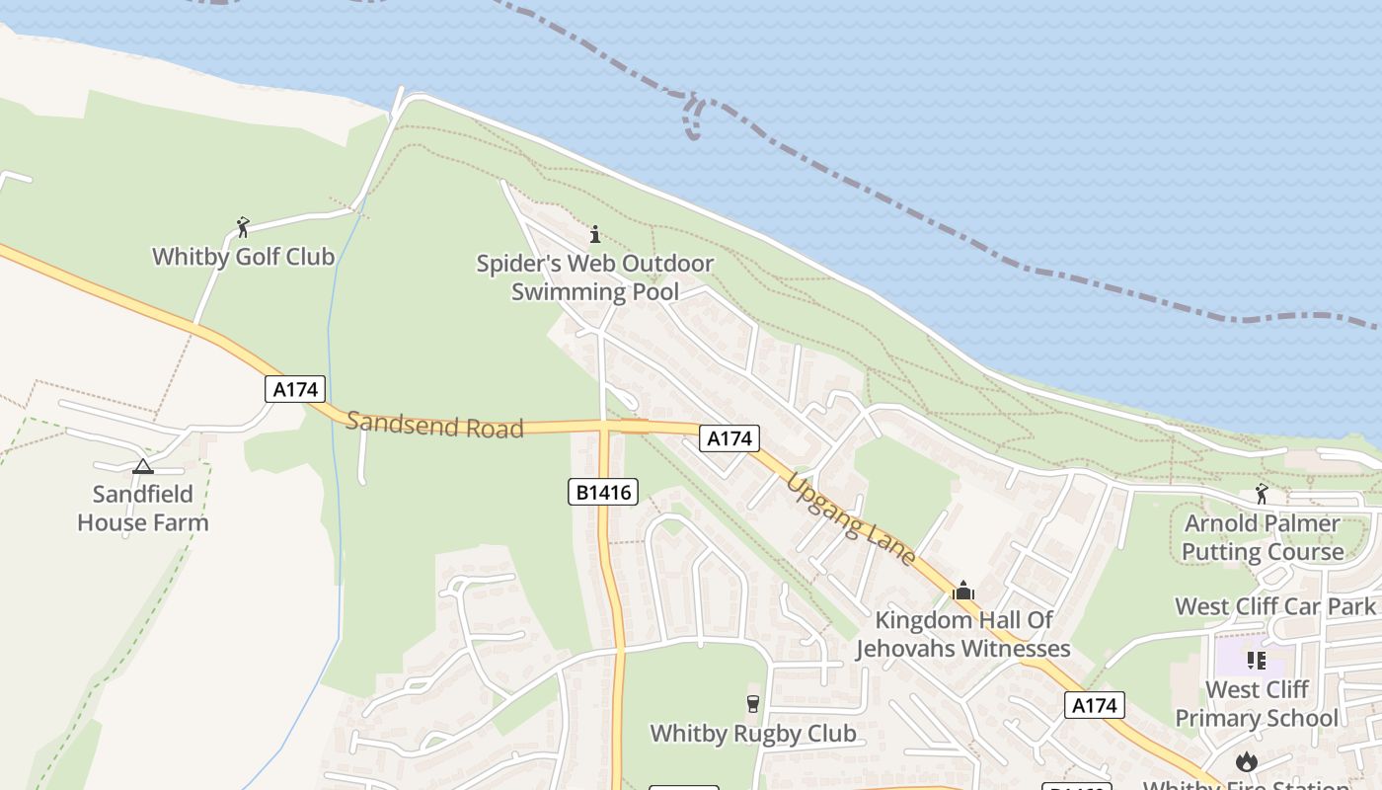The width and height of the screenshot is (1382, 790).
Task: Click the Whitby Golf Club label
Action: tap(243, 257)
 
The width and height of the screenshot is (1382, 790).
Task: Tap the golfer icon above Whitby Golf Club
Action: tap(243, 227)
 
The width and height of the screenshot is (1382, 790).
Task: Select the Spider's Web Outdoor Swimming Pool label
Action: tap(595, 277)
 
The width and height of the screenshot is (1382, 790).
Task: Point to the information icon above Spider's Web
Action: tap(594, 234)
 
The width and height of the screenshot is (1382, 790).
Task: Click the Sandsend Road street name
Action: tap(434, 426)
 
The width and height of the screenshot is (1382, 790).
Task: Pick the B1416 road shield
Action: tap(603, 491)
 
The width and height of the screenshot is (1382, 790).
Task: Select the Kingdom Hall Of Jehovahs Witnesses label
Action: tap(963, 634)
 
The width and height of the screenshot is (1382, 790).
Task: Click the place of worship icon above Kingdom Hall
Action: tap(963, 592)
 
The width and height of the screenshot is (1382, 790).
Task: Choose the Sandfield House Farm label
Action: tap(143, 508)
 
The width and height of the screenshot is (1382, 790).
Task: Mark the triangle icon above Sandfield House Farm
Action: tap(143, 466)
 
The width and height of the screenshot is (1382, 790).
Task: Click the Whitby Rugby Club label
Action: tap(753, 734)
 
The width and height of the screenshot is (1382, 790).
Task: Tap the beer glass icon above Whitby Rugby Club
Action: tap(753, 703)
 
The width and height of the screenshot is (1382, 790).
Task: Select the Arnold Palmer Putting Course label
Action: tap(1263, 537)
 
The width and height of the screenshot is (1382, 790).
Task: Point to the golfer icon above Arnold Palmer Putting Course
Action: tap(1262, 494)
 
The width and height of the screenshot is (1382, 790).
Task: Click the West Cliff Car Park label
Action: tap(1275, 606)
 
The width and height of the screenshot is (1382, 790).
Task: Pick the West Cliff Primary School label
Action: tap(1257, 703)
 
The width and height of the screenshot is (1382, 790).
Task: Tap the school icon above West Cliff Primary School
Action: tap(1256, 660)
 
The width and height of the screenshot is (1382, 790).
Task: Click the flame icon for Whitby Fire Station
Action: tap(1247, 761)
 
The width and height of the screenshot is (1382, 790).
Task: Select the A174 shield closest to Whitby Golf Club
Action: tap(295, 389)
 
